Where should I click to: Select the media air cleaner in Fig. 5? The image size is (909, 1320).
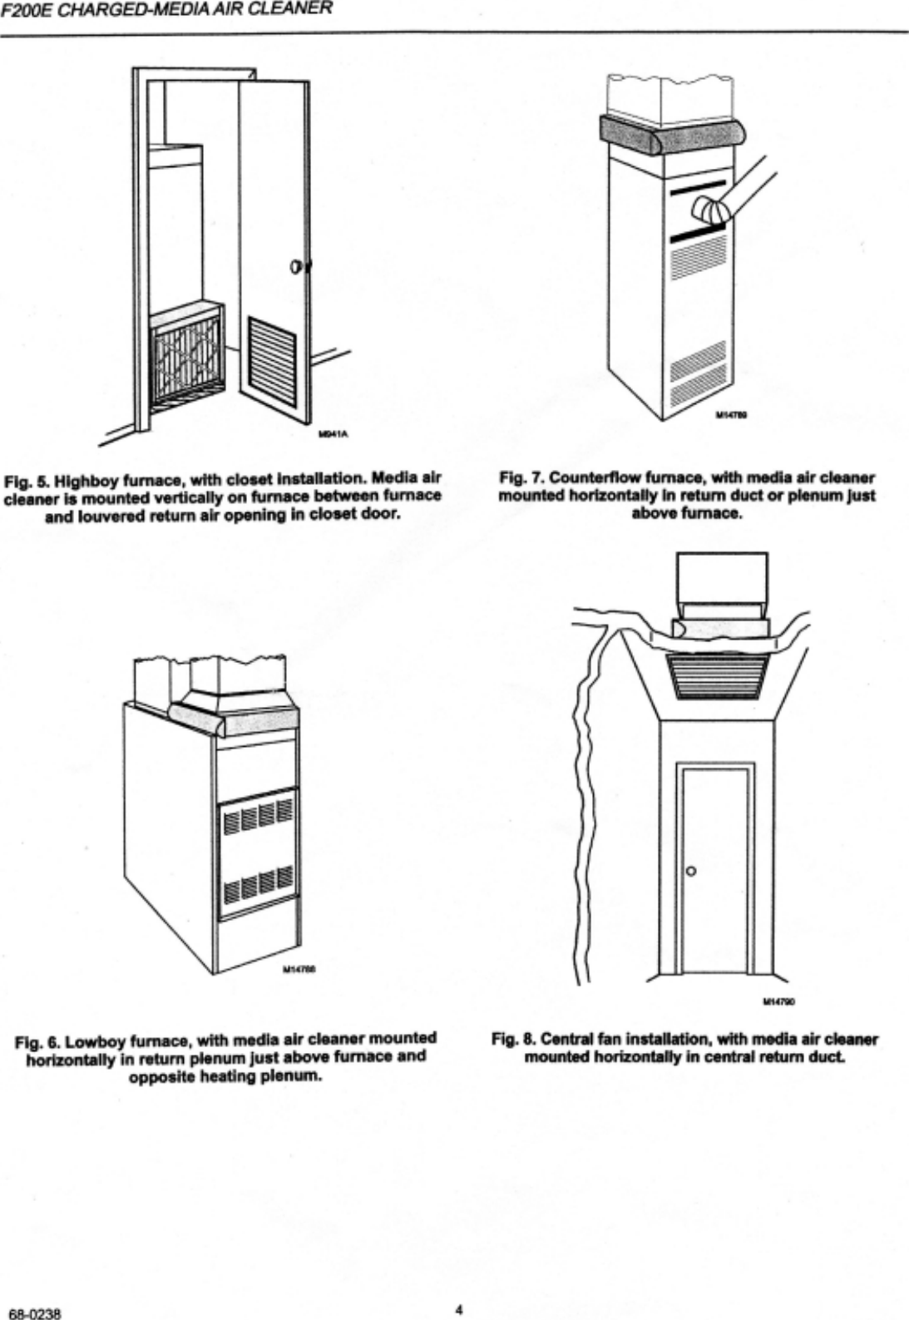pos(186,358)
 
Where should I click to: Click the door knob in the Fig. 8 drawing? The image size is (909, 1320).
pos(690,871)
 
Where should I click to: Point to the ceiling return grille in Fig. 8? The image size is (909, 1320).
pos(720,675)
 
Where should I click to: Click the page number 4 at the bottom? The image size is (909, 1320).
pos(458,1308)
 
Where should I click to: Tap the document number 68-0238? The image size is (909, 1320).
pos(32,1314)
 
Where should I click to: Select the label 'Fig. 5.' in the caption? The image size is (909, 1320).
pos(24,479)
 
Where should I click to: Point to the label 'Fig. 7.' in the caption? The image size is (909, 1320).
pos(521,477)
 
